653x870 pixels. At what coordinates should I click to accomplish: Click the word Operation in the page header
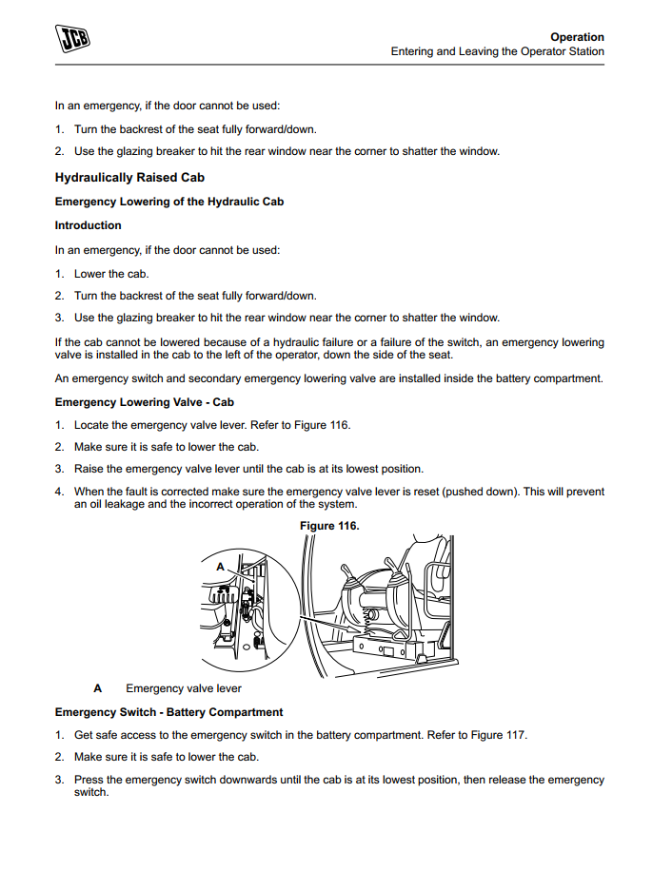pos(577,37)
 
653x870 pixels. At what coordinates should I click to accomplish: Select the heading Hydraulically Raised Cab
pos(129,178)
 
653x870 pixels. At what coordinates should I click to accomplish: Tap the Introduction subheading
pos(89,225)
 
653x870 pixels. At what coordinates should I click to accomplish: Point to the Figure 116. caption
pos(329,526)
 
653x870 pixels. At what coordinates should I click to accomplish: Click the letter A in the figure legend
pos(97,688)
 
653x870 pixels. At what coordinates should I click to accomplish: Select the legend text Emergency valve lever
pos(184,688)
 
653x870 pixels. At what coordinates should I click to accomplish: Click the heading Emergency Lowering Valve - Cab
pos(145,402)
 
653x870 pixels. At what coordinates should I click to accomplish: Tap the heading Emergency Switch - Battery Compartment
pos(169,712)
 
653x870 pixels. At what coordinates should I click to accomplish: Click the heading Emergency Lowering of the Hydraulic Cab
pos(169,202)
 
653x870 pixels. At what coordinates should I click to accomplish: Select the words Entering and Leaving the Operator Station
pos(497,51)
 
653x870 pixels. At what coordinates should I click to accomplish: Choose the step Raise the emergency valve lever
pos(248,469)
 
